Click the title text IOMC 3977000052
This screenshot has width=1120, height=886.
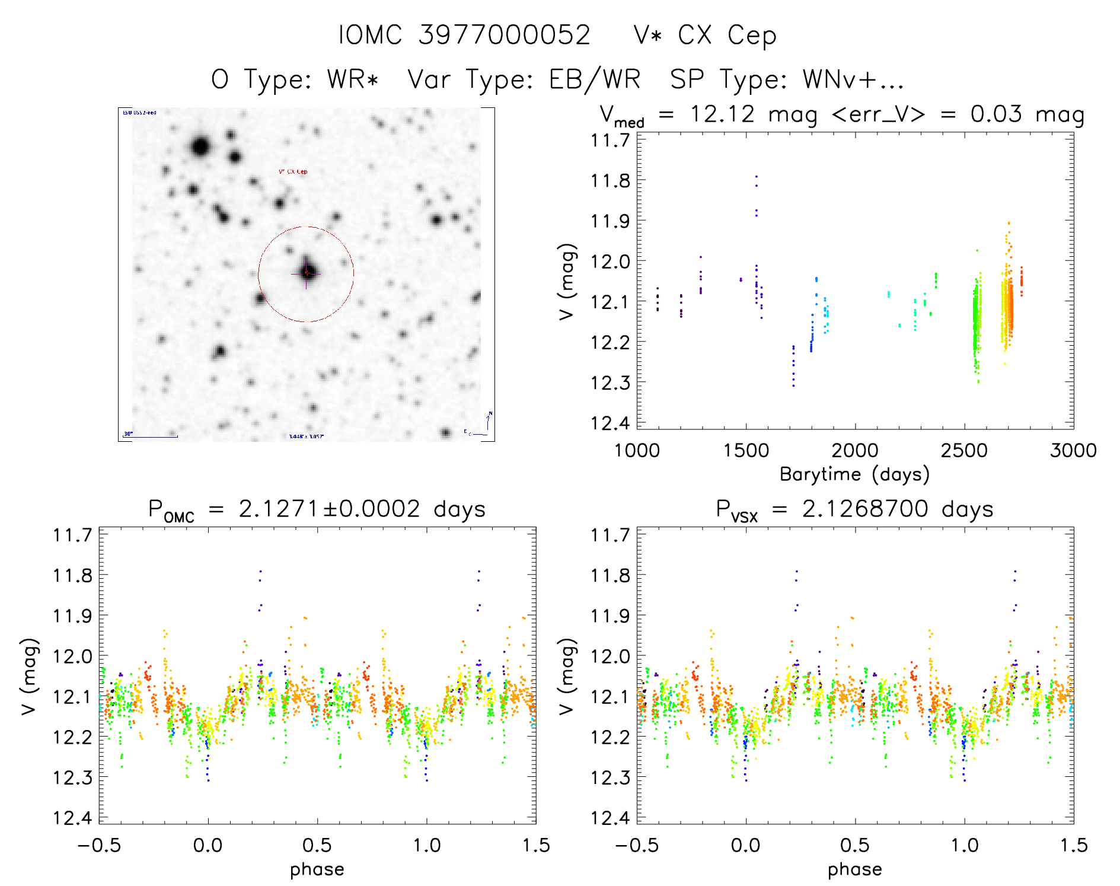[x=464, y=36]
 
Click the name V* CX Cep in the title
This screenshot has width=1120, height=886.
[x=704, y=36]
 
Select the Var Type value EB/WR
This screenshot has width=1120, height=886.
[x=595, y=79]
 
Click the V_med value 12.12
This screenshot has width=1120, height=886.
[x=722, y=114]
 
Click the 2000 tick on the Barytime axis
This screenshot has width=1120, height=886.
[x=855, y=451]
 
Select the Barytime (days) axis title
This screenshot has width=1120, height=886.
[x=854, y=474]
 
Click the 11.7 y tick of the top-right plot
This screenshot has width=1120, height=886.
[x=610, y=141]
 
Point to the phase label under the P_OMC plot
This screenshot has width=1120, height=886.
[x=317, y=869]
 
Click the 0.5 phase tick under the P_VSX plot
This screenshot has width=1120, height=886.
[x=855, y=846]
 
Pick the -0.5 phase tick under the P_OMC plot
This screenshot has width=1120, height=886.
[x=99, y=846]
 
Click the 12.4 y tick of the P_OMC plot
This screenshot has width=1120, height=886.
[x=72, y=818]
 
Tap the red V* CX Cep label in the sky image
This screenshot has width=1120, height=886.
[x=293, y=172]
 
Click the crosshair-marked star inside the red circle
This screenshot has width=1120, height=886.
[x=307, y=272]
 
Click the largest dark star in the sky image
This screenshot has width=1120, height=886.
[x=200, y=146]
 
